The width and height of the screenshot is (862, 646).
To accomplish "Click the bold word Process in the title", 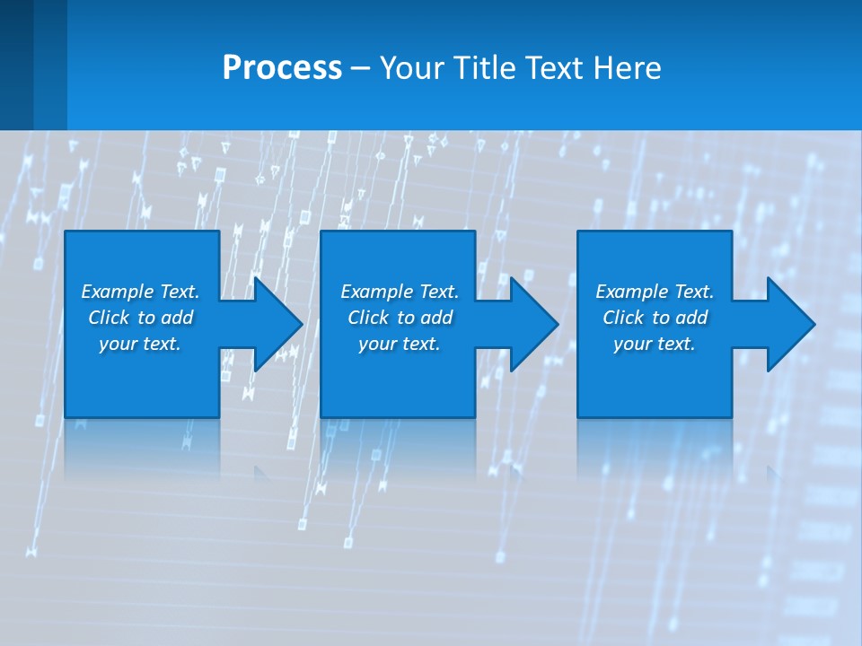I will (282, 68).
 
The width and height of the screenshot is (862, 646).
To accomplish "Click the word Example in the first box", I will (118, 292).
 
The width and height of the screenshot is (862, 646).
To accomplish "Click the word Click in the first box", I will (109, 318).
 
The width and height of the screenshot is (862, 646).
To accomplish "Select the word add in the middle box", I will (436, 318).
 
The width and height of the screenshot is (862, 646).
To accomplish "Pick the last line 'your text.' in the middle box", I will (399, 344).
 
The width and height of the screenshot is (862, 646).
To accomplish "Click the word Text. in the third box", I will (693, 292).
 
